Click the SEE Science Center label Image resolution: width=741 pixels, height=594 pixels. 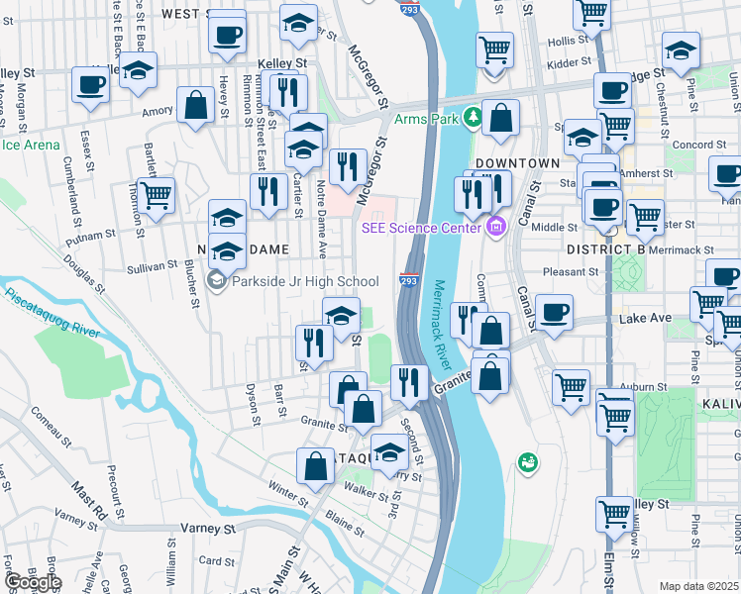(x=420, y=228)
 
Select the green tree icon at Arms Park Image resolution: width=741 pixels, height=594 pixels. (x=474, y=119)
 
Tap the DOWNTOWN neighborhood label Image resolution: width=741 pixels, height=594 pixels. (x=517, y=162)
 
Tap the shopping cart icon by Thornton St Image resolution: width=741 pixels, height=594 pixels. (x=157, y=196)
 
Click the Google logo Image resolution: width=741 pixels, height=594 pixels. (x=33, y=582)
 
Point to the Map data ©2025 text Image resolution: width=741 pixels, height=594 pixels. (x=699, y=586)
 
